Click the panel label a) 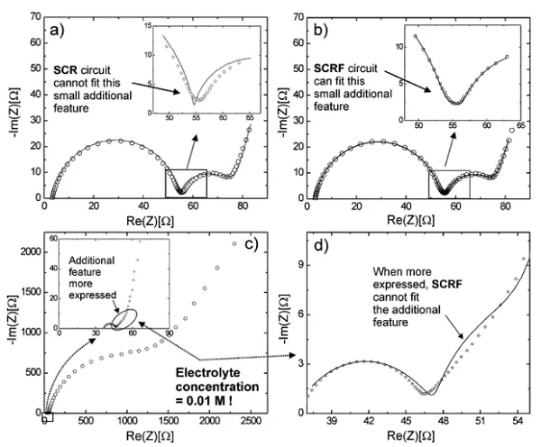coord(55,29)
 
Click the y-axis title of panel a coord(13,106)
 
